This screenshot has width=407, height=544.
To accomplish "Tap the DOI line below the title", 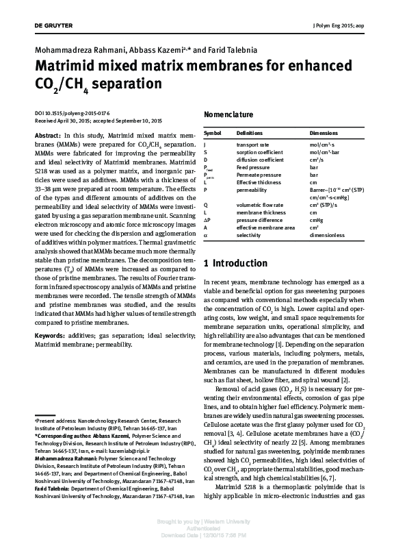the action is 71,112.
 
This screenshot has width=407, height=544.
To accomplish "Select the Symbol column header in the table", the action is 212,132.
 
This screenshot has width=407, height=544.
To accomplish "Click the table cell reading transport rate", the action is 252,145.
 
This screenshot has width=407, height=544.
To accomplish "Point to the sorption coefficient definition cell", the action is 259,153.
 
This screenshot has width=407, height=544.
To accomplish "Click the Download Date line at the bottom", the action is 203,535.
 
